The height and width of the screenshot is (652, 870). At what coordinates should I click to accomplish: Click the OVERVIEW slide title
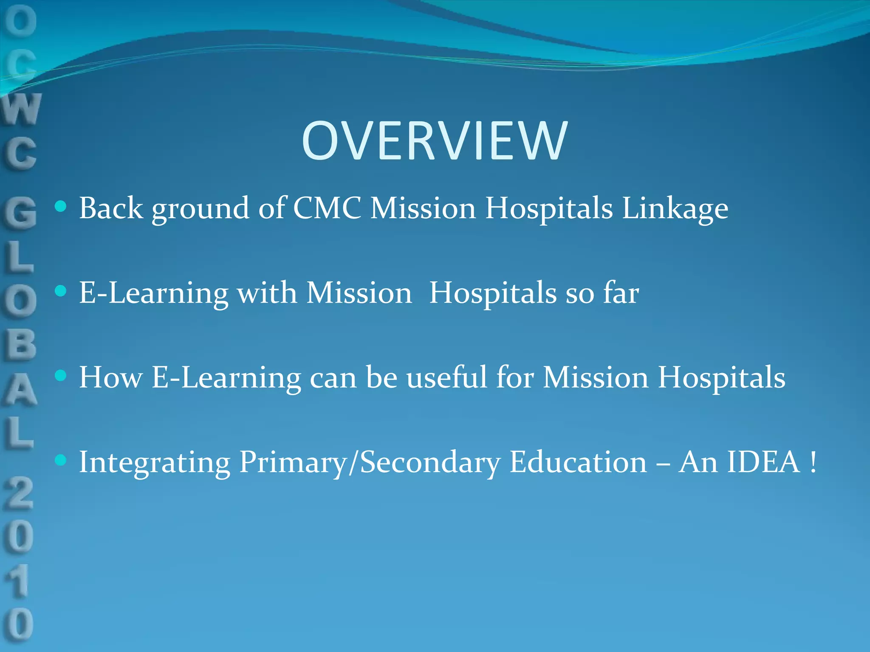[x=434, y=141]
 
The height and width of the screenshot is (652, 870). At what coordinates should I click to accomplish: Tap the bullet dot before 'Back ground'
[x=61, y=207]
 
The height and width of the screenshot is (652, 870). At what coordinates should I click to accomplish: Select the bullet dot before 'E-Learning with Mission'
[x=61, y=291]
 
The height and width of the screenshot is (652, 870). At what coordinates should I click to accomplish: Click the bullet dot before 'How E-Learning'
[x=61, y=375]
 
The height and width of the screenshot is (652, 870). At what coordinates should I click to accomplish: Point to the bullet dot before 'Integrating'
[x=61, y=460]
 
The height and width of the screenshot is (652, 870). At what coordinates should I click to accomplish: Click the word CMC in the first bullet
[x=327, y=208]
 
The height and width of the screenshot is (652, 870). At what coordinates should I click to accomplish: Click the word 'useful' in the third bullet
[x=446, y=377]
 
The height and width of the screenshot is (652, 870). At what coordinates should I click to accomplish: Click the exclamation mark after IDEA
[x=813, y=462]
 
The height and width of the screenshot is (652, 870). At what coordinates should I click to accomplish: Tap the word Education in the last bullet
[x=578, y=462]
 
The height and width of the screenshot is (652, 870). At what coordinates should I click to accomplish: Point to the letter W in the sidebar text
[x=21, y=110]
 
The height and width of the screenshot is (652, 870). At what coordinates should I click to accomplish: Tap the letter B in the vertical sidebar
[x=20, y=344]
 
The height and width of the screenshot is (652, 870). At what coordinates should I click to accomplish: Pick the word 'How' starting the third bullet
[x=110, y=377]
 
